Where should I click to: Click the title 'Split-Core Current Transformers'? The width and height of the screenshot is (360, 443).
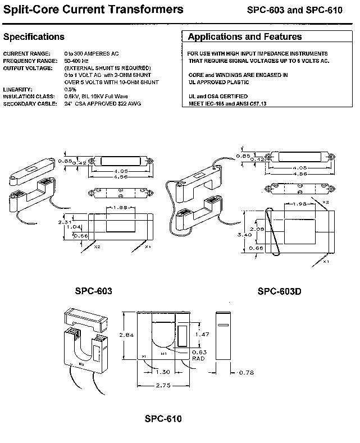(x=93, y=10)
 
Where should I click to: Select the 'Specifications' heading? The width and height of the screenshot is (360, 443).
(x=34, y=37)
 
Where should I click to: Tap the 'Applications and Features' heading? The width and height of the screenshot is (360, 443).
(x=245, y=37)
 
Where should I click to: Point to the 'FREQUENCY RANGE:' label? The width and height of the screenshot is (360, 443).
(x=30, y=61)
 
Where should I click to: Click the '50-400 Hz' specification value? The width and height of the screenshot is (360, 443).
(x=78, y=61)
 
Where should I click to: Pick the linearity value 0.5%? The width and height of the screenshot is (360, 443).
(x=70, y=90)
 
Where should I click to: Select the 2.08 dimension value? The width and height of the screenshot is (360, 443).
(x=256, y=229)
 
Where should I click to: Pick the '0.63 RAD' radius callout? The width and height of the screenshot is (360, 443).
(x=199, y=355)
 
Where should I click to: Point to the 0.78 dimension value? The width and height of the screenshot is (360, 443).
(x=247, y=372)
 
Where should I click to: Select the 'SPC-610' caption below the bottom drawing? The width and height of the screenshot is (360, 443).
(x=163, y=419)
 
